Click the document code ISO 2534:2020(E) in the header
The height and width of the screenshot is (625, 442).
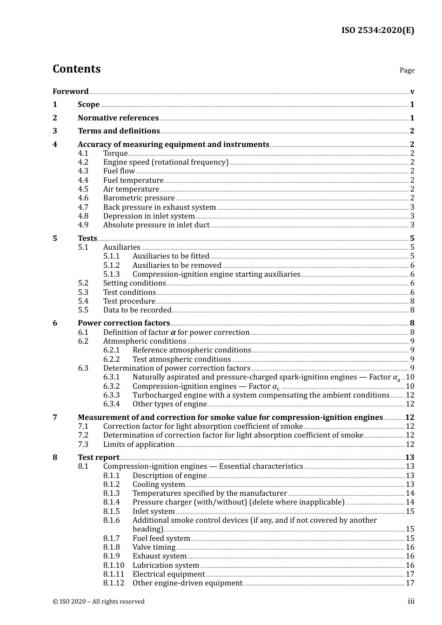377,30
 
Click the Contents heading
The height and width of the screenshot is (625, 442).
77,69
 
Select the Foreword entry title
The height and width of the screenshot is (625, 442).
70,91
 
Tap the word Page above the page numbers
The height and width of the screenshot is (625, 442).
407,70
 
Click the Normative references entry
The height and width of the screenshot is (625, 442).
118,118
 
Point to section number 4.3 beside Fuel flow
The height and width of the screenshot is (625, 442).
83,171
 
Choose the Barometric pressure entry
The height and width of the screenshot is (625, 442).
139,198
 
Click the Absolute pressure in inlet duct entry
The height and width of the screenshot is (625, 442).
156,225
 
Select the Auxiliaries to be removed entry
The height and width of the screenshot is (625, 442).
177,266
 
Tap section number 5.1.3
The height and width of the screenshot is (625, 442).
111,274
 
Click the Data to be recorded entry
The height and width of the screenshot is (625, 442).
137,310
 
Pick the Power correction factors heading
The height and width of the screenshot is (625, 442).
124,323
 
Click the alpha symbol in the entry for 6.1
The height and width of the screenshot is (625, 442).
173,332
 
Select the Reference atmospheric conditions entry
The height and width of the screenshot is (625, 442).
192,350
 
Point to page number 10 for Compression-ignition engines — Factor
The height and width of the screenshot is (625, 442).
410,386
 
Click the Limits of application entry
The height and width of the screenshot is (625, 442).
139,445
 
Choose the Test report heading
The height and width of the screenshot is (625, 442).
99,458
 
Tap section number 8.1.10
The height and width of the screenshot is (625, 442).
114,565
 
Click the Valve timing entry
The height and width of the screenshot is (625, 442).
154,547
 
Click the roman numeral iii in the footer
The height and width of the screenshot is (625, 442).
411,601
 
